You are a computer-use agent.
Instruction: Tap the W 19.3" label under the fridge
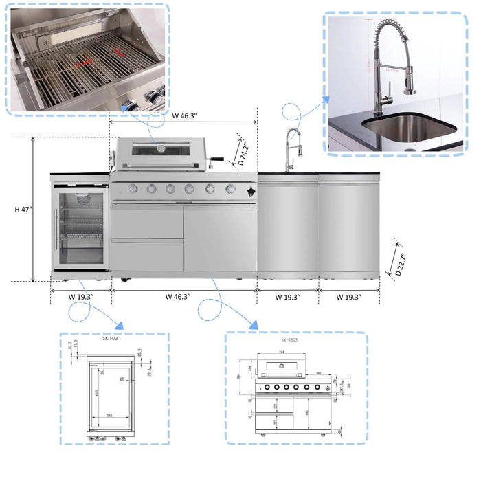click(80, 297)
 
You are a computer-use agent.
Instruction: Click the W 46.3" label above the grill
click(183, 116)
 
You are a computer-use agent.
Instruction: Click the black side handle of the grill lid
click(217, 160)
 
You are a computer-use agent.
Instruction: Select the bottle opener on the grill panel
click(251, 190)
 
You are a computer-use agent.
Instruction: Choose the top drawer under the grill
click(147, 223)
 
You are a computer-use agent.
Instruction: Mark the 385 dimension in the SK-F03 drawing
click(109, 416)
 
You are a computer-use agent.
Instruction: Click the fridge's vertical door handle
click(57, 230)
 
